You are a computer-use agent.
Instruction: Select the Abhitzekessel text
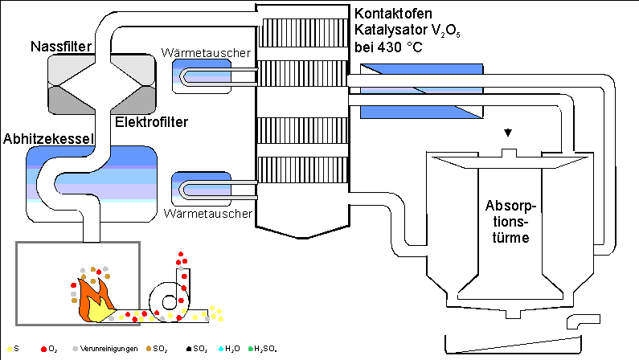click(49, 138)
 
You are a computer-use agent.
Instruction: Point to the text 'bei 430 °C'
click(388, 47)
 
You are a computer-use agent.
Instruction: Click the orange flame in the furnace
click(90, 297)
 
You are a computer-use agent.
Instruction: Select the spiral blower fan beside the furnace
click(175, 300)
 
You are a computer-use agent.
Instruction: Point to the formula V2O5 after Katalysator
click(436, 31)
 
